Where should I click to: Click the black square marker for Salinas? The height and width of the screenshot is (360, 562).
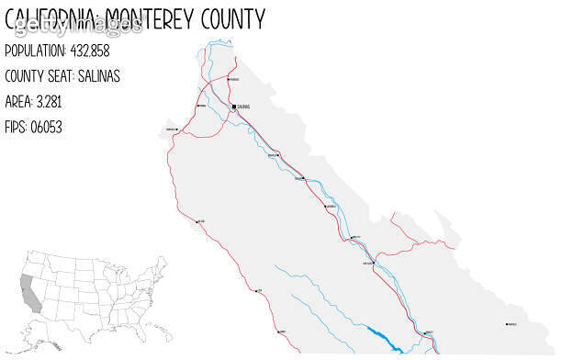click(x=233, y=107)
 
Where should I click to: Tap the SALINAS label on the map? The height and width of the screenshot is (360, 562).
click(x=243, y=107)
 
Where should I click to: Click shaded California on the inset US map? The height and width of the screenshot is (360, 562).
click(x=31, y=291)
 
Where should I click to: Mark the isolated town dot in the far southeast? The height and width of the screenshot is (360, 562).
click(x=507, y=324)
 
